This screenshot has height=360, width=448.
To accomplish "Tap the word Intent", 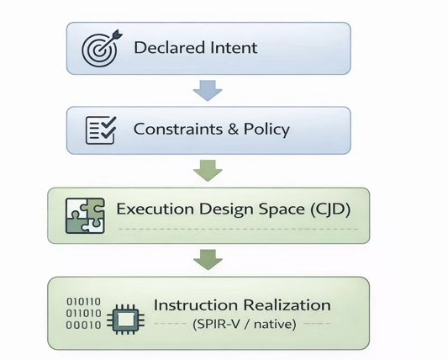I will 233,47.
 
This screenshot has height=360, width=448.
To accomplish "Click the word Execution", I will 152,209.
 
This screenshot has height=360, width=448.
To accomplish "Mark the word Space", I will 277,209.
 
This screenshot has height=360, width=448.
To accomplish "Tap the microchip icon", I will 126,314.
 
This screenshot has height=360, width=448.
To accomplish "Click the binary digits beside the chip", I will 84,314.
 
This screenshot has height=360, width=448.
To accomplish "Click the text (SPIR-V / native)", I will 243,323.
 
